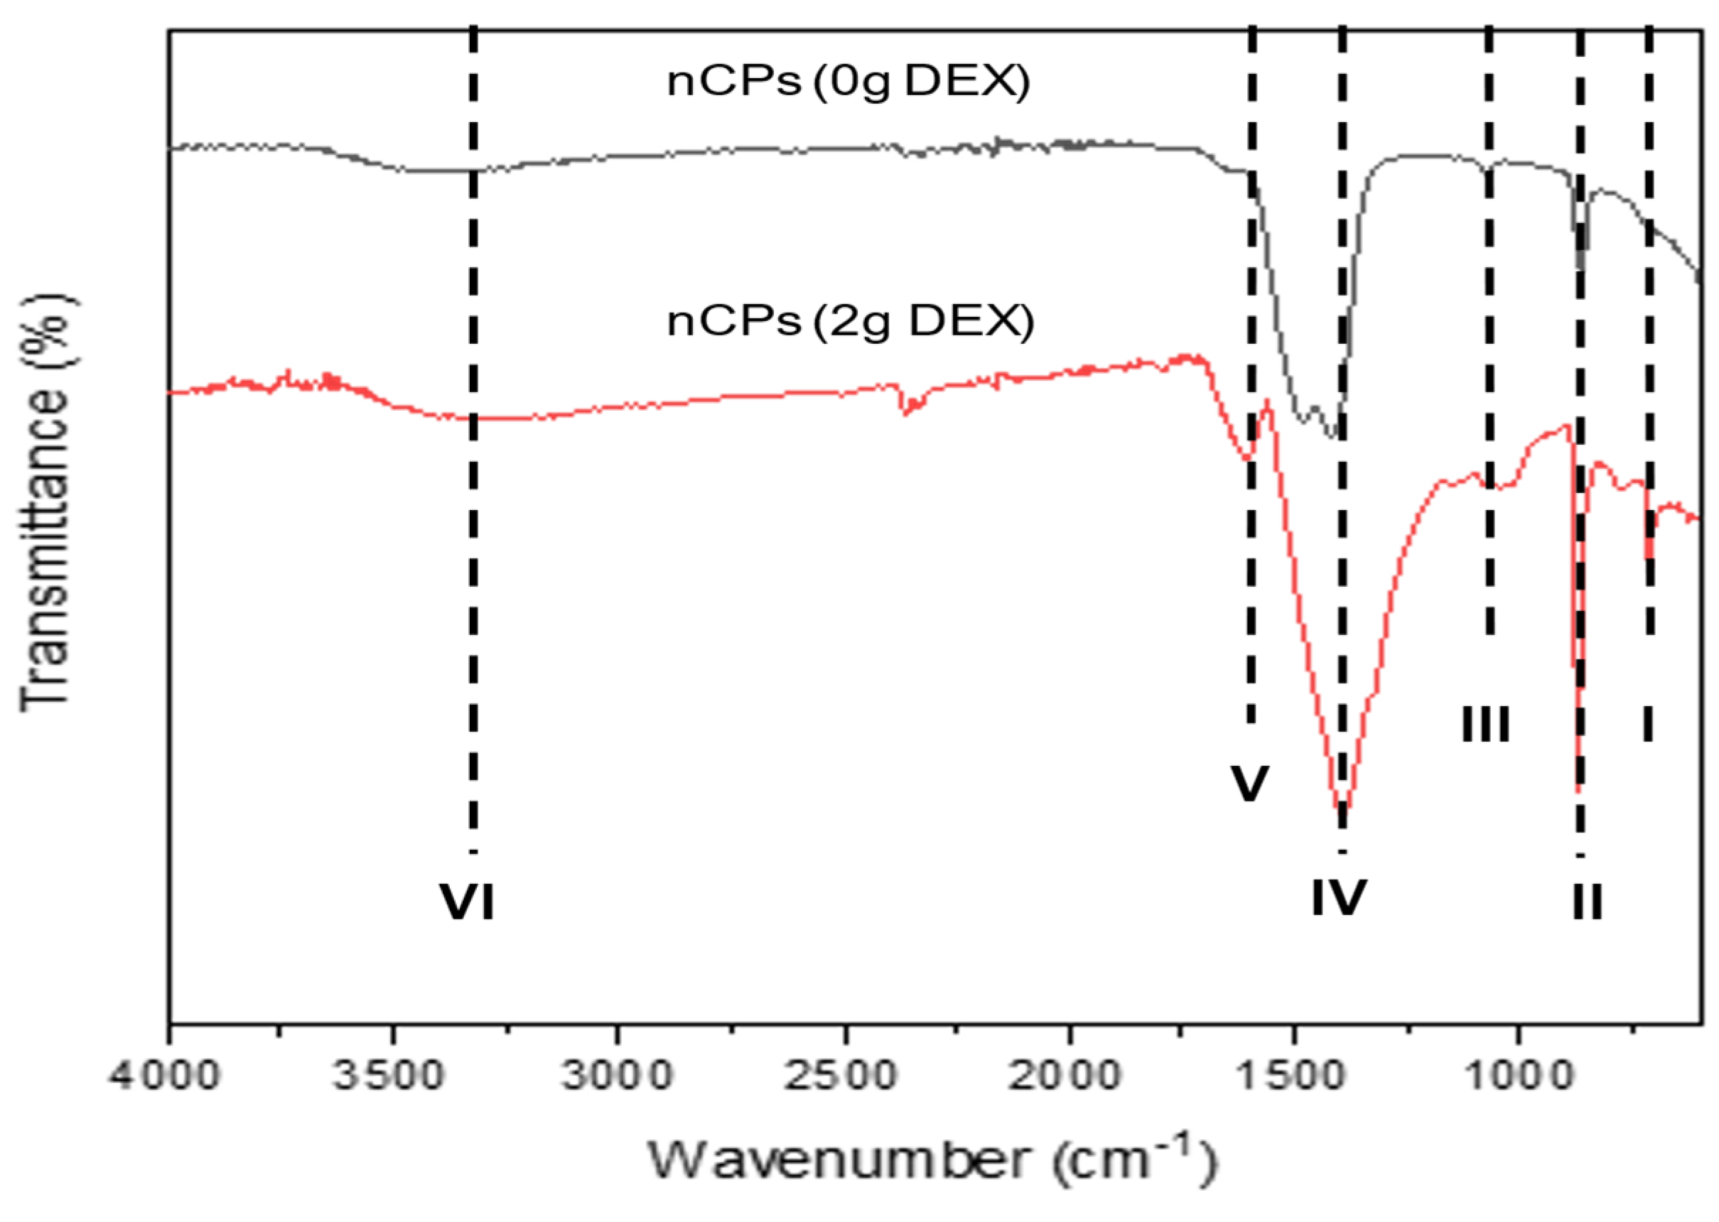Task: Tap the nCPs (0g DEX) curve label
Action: click(848, 81)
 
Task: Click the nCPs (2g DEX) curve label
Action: click(851, 322)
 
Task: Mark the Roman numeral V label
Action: click(1250, 784)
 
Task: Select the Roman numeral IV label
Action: click(1339, 898)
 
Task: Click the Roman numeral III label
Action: click(1486, 725)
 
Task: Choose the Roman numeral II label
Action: click(1588, 902)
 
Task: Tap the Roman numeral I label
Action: click(1648, 723)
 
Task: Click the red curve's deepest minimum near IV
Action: click(1341, 810)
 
